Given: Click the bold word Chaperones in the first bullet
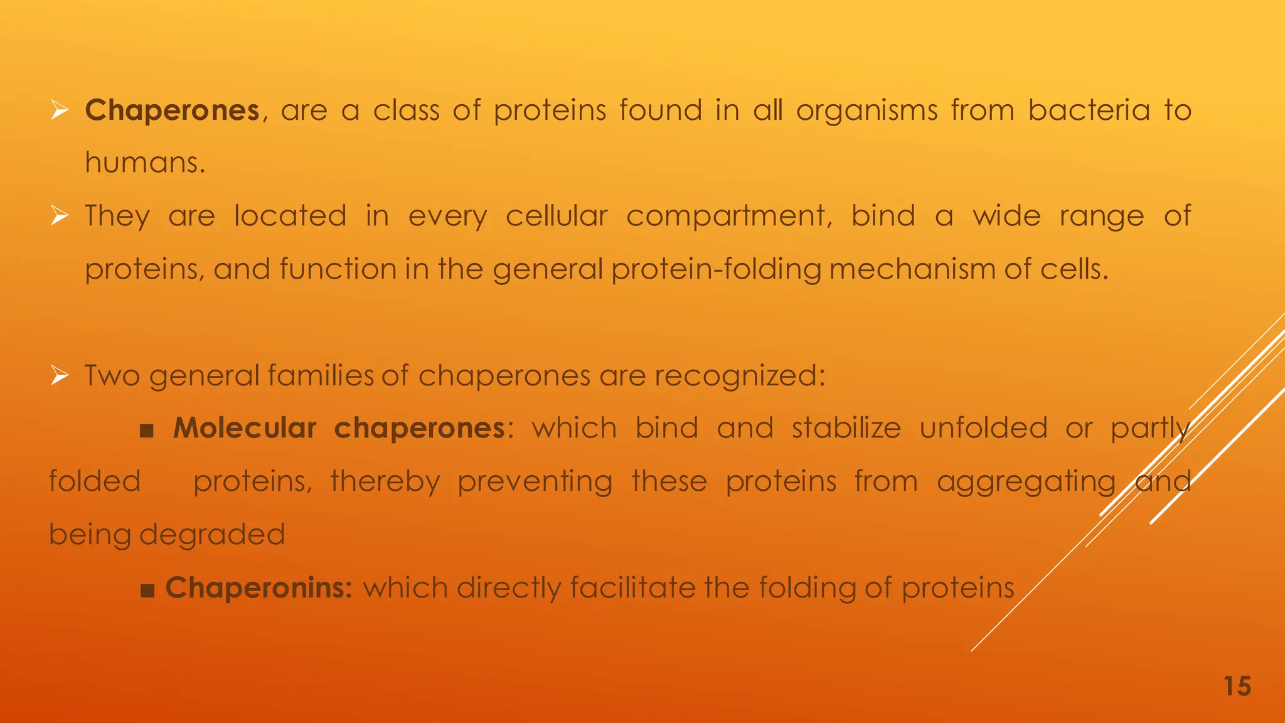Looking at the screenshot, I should [x=172, y=110].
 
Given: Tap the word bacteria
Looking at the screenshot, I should [x=1089, y=110].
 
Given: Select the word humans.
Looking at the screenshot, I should [x=145, y=163].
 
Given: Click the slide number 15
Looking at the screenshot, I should [x=1237, y=686].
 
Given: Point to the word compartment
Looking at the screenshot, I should [x=729, y=217].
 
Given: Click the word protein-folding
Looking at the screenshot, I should [x=716, y=269].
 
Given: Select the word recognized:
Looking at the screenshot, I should [x=740, y=376].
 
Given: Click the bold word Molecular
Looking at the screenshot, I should [x=245, y=428].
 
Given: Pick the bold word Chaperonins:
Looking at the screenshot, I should [x=259, y=588].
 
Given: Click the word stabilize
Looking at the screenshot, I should [x=846, y=428].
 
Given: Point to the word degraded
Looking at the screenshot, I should [x=212, y=535].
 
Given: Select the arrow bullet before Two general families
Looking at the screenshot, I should [x=59, y=376].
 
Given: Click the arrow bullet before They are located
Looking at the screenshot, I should [x=59, y=217].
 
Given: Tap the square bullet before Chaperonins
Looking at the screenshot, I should [x=147, y=591].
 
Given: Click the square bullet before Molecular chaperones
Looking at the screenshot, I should [x=147, y=431].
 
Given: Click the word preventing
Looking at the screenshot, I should [x=535, y=482].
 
